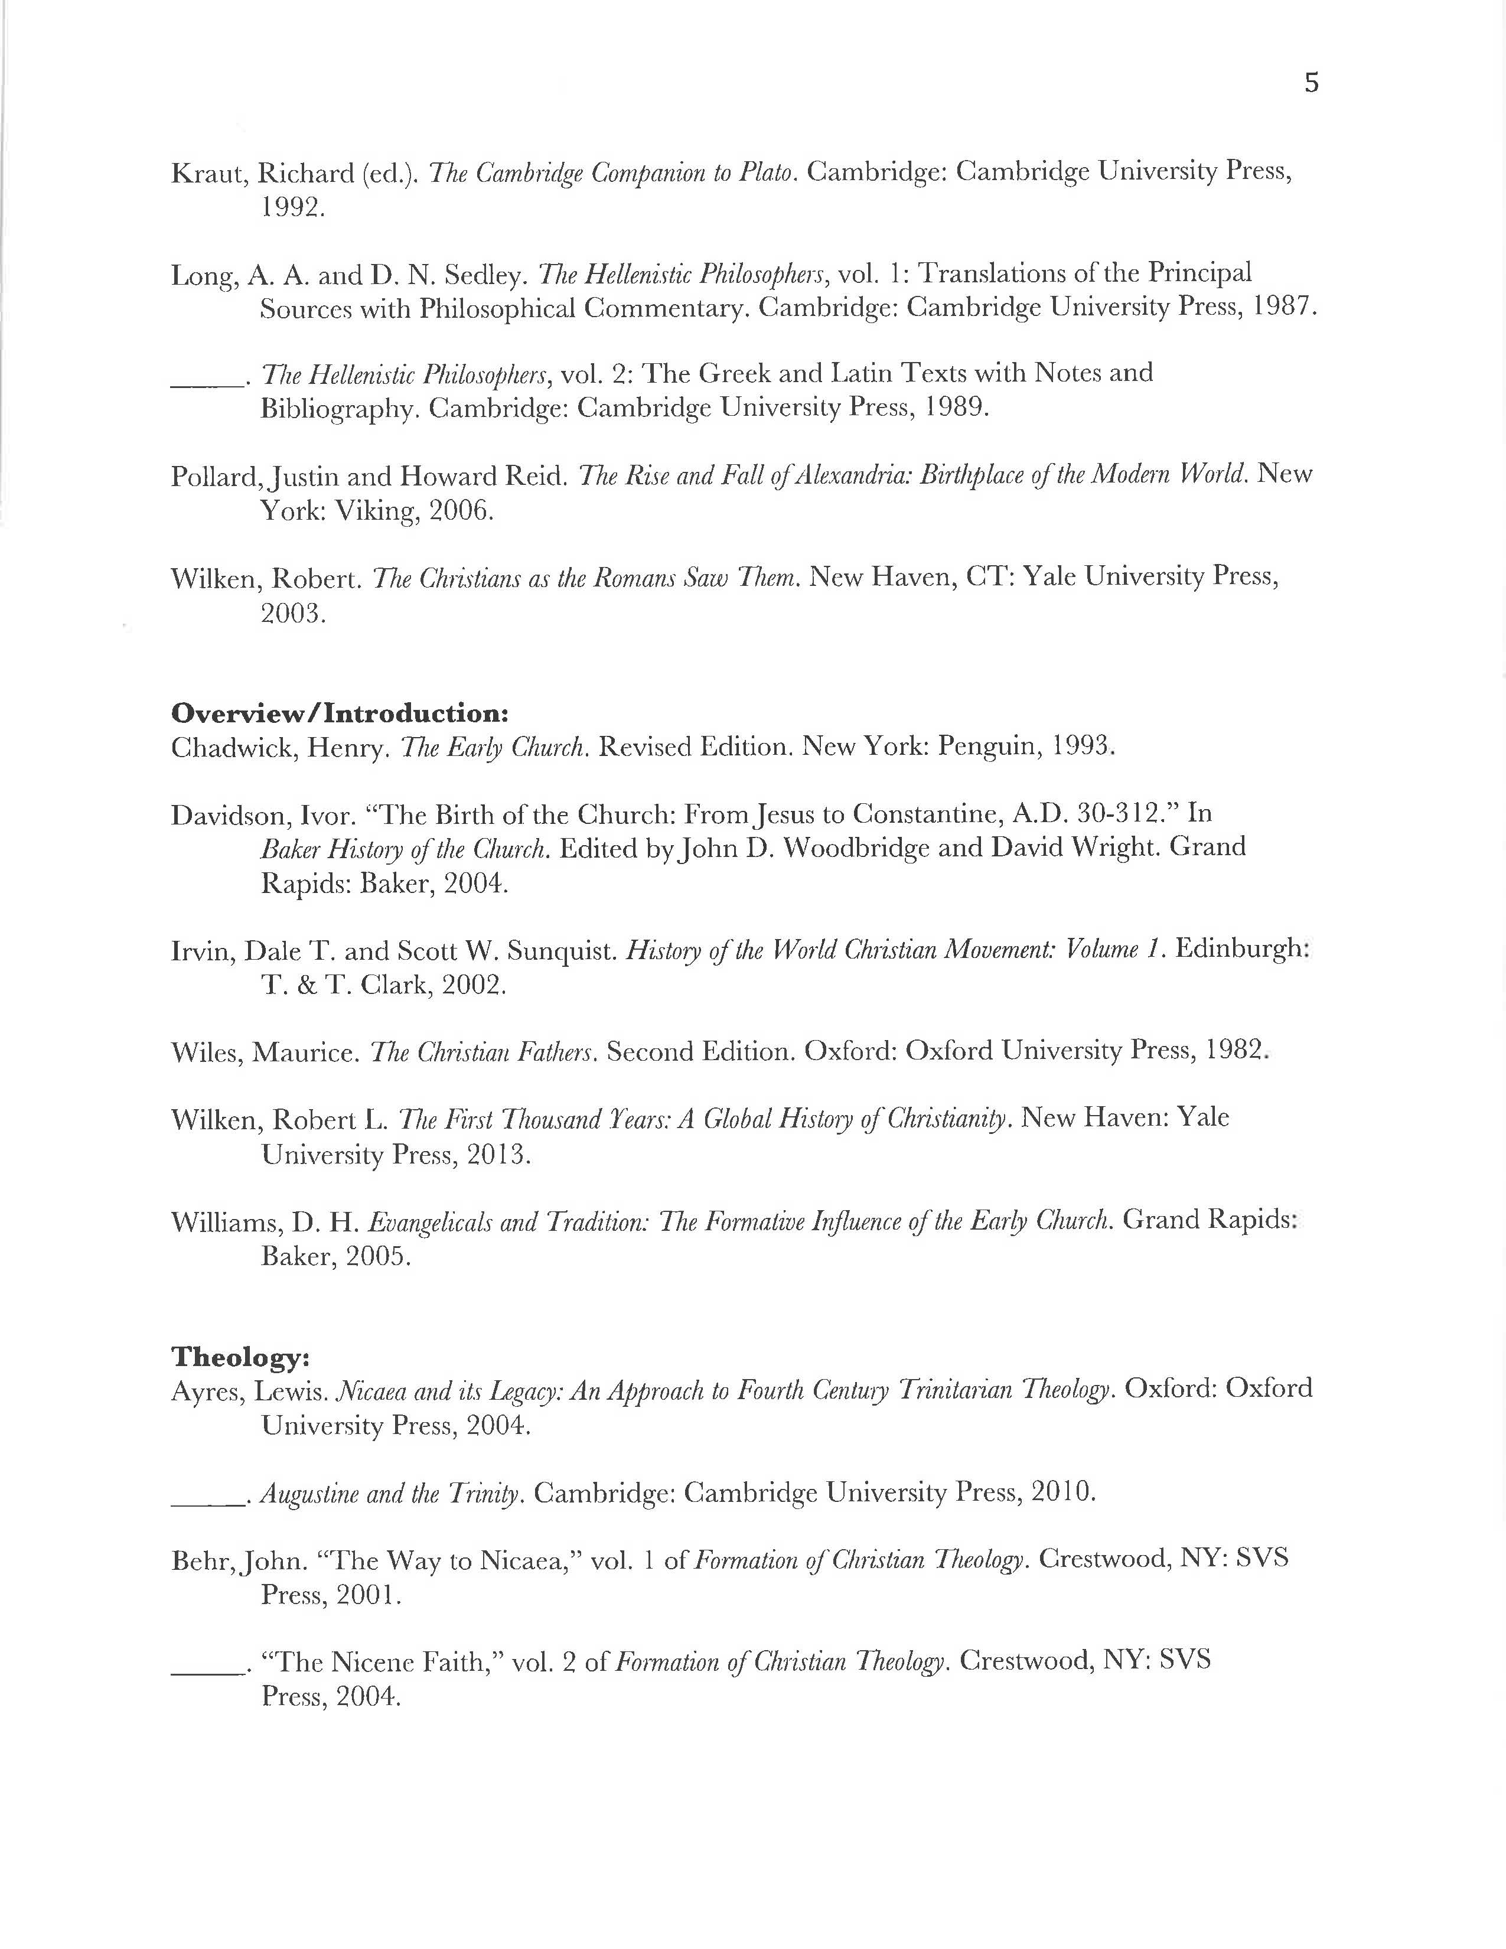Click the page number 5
pos(1311,83)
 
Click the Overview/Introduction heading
pos(340,713)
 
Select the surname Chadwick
pos(234,748)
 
